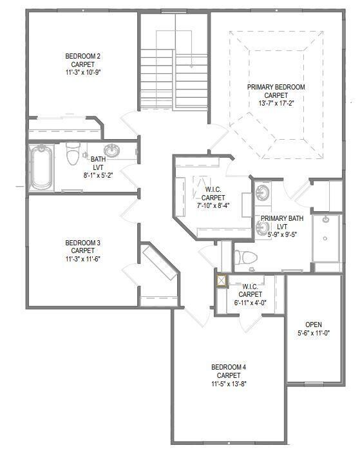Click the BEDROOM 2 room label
tap(82, 56)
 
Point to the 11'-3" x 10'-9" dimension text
tap(82, 73)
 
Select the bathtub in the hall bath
tap(43, 166)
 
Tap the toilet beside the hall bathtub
tap(72, 155)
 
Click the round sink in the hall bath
tap(112, 151)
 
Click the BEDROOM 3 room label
tap(82, 243)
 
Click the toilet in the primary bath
tap(245, 257)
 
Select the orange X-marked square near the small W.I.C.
tap(222, 281)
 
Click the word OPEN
tap(313, 325)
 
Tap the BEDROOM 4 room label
tap(229, 367)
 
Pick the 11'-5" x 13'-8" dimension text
tap(229, 384)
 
